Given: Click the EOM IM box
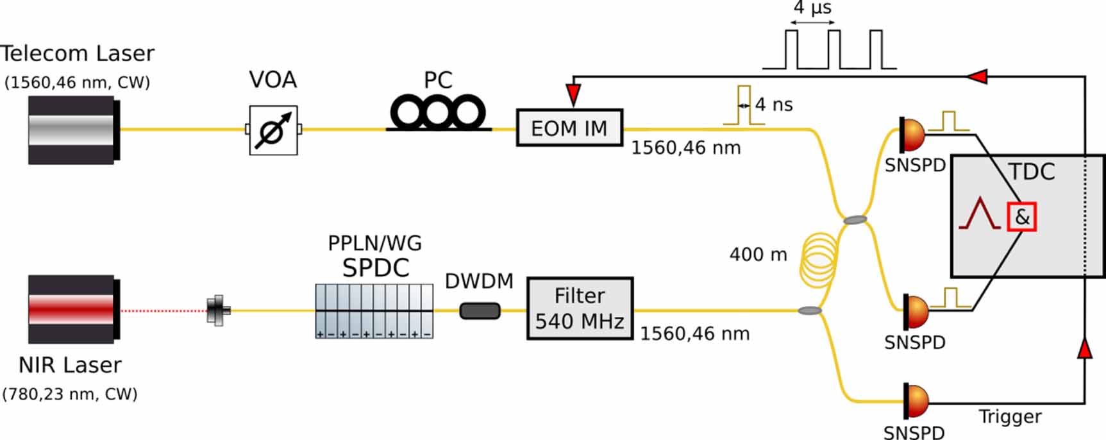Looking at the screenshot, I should coord(569,128).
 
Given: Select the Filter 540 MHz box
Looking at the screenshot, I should coord(580,309).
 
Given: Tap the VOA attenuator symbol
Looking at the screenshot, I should coord(274,130).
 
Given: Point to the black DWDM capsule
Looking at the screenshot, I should coord(480,311).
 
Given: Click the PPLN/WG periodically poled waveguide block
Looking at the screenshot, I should coord(374,311).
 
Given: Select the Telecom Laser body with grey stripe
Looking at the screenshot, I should coord(72,130).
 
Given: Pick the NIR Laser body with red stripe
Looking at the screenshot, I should coord(72,310).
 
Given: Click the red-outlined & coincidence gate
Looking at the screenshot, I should coord(1021,217).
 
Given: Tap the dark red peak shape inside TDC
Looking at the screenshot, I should coord(979,214).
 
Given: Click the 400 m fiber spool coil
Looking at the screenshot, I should coord(818,259).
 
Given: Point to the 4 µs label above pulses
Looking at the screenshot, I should coord(812,8).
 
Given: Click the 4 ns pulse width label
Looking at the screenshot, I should coord(774,105).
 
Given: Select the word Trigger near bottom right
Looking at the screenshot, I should coord(1010,417).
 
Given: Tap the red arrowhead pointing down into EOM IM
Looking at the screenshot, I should coord(573,94).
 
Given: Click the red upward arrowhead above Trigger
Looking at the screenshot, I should coord(1084,348).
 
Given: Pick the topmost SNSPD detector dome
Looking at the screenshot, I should coord(913,134).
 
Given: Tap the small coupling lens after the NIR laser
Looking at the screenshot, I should coord(219,310).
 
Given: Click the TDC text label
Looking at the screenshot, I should coord(1032,172).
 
